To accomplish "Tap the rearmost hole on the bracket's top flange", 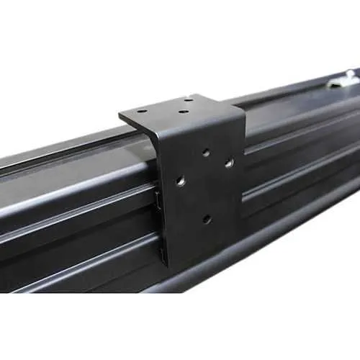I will coord(188,99).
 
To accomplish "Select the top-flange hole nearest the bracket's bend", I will coord(184,112).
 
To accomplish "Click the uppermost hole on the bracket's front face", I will coord(206,152).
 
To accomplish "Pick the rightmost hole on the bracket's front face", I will coord(229,163).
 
